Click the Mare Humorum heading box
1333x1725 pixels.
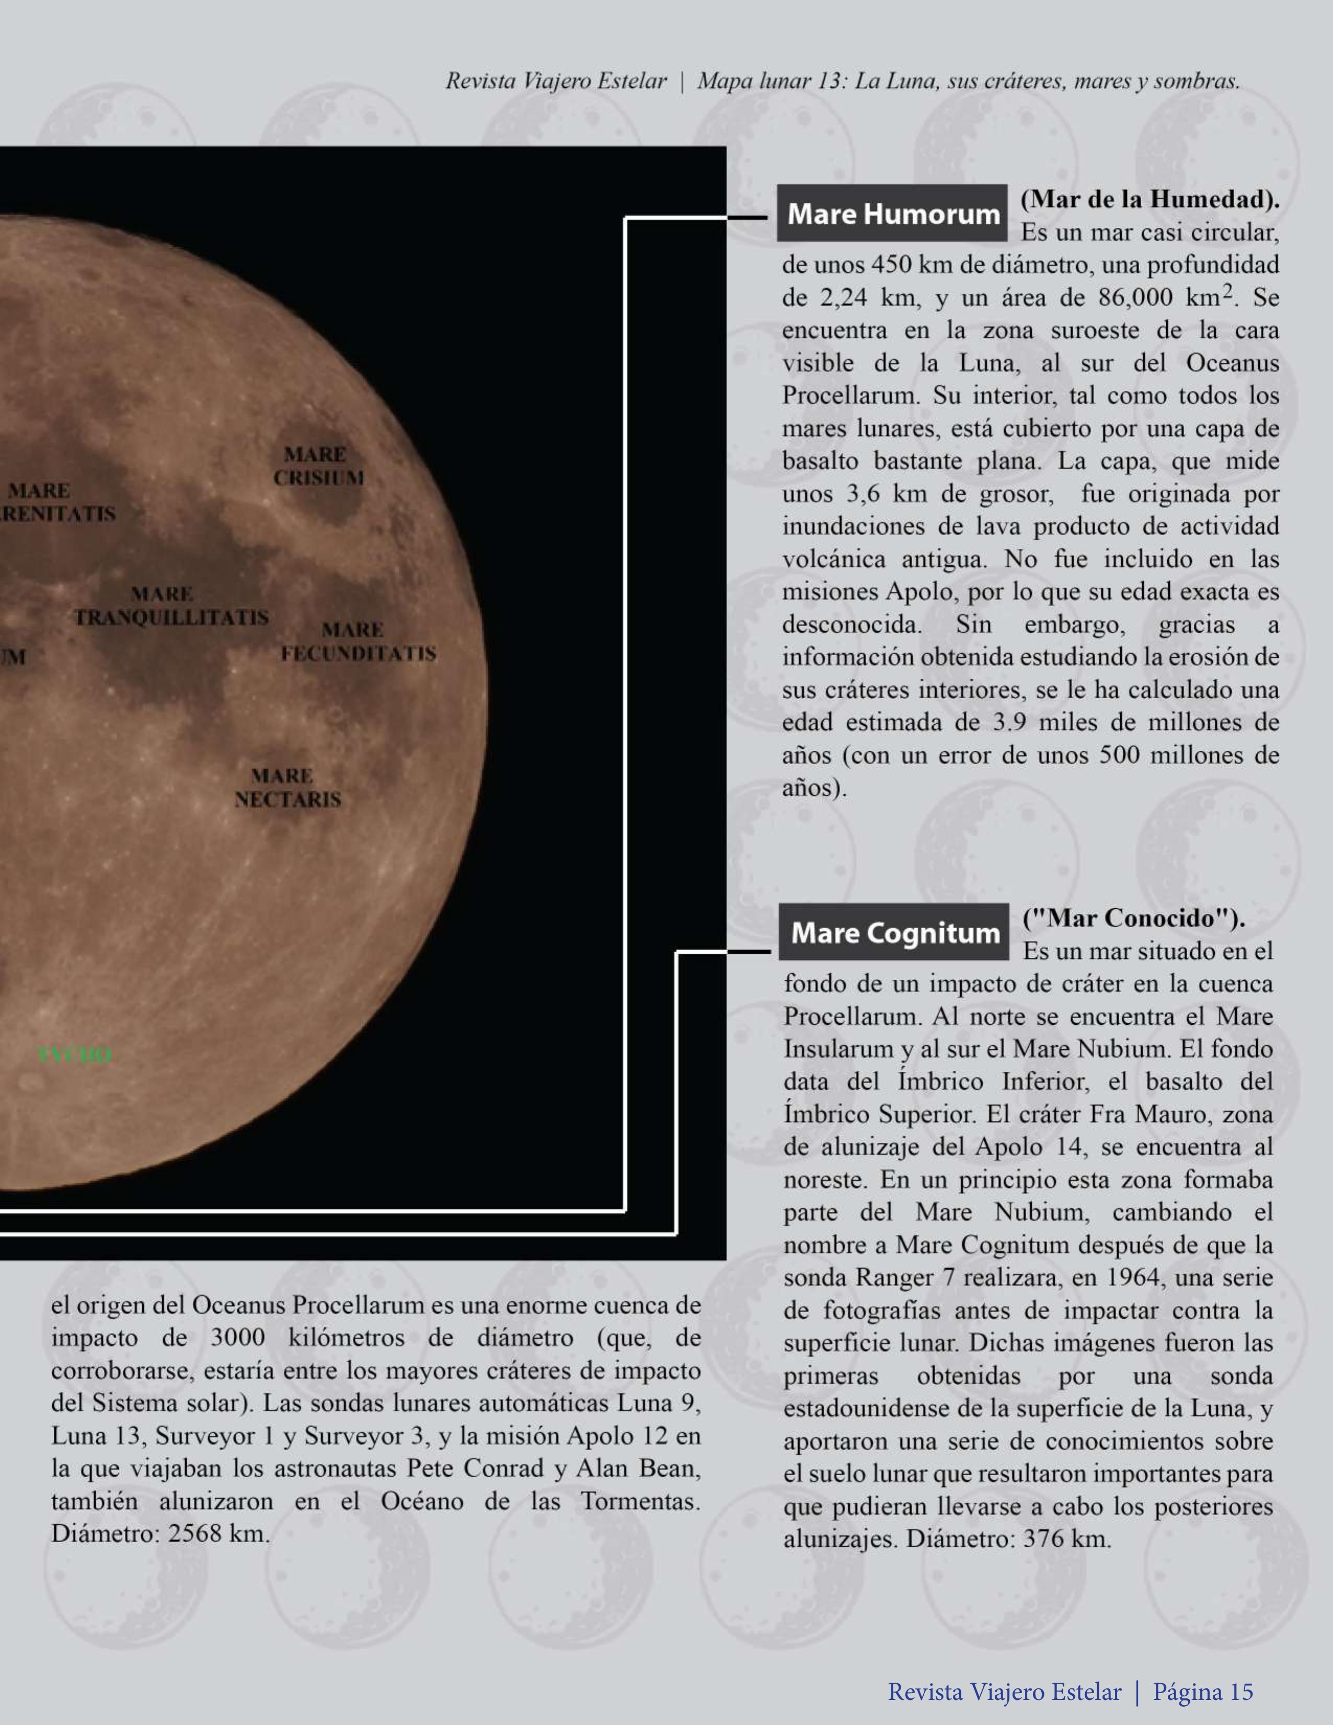pyautogui.click(x=892, y=213)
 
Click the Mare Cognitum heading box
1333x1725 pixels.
pyautogui.click(x=894, y=932)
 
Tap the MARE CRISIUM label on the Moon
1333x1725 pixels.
pyautogui.click(x=318, y=466)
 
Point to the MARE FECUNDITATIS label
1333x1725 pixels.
pyautogui.click(x=358, y=641)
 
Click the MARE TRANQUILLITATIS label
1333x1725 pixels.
pyautogui.click(x=170, y=605)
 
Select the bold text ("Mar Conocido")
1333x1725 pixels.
pyautogui.click(x=1134, y=918)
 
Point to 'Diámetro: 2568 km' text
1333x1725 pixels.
pyautogui.click(x=160, y=1533)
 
